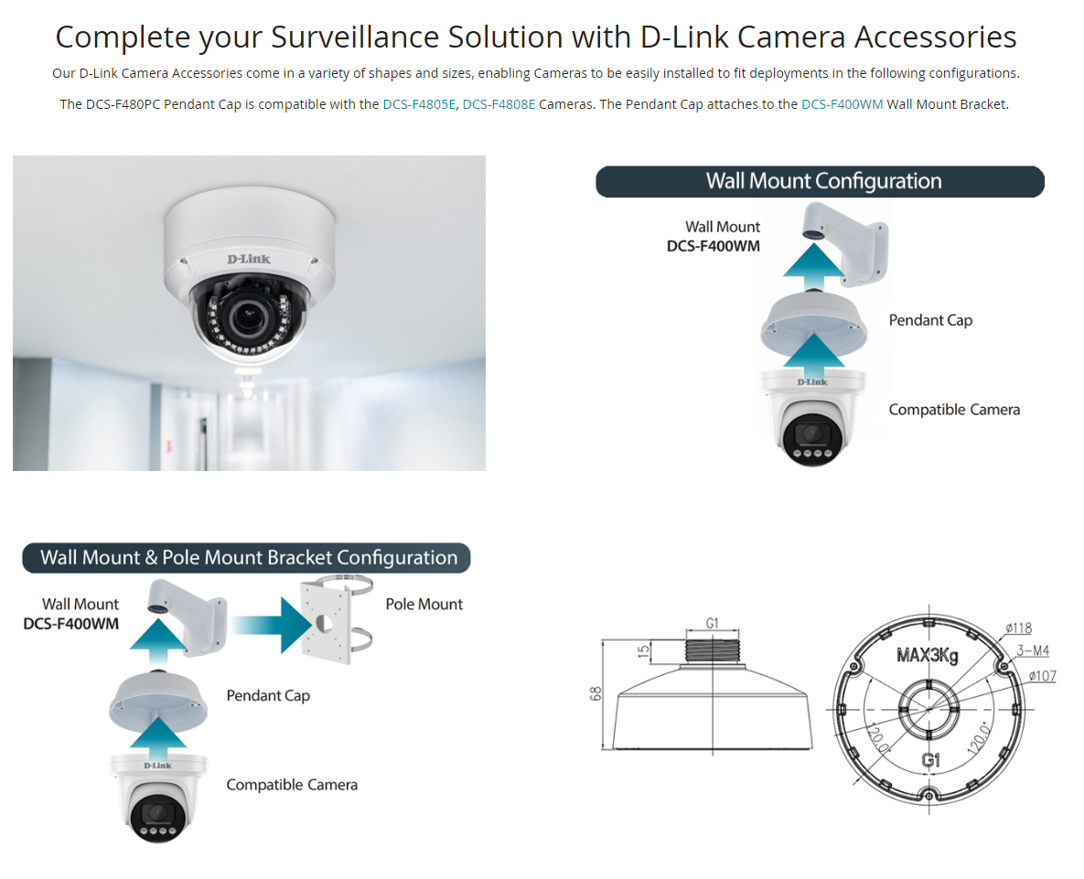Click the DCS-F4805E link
pos(419,104)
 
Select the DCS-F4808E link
pos(499,104)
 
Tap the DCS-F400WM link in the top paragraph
pos(842,104)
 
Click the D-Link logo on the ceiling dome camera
pos(249,259)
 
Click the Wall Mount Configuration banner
pos(820,181)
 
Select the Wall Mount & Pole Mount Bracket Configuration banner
pos(246,558)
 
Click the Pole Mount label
pos(424,604)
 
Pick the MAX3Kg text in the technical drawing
pos(927,655)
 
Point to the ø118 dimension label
pos(1018,628)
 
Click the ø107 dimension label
pos(1042,676)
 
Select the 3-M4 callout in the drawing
pos(1032,650)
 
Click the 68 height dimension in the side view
pos(596,694)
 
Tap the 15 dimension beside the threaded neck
pos(644,650)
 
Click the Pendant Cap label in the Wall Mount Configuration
pos(930,320)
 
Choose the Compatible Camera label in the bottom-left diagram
pos(292,785)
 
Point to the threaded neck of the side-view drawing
pos(712,651)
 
